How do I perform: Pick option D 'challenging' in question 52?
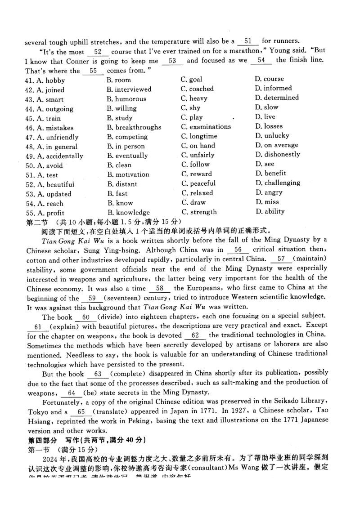[x=278, y=183]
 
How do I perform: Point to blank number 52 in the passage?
[x=98, y=52]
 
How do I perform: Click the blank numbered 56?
[x=238, y=250]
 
